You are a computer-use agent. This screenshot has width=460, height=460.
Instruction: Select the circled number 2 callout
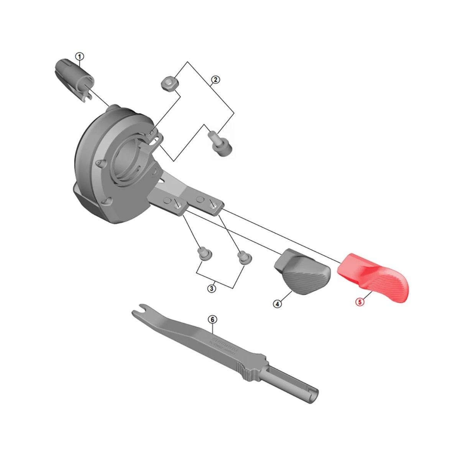215,80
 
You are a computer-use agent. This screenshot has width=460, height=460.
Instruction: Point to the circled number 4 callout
278,304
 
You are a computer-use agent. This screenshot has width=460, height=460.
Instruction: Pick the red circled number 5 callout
360,302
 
